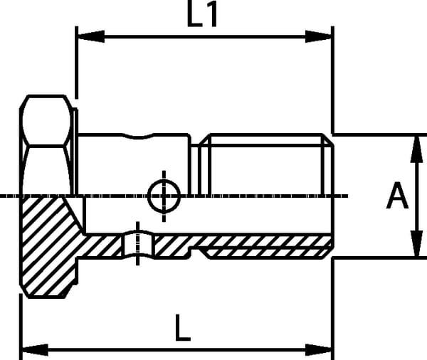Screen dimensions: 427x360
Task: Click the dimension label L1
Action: pyautogui.click(x=202, y=14)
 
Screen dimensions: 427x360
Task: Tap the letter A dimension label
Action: pyautogui.click(x=397, y=196)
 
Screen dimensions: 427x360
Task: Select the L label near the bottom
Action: pyautogui.click(x=182, y=327)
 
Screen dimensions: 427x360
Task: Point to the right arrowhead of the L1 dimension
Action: pyautogui.click(x=318, y=36)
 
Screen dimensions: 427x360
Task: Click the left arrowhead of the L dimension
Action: pyautogui.click(x=35, y=349)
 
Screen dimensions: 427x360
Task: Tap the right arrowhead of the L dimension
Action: pyautogui.click(x=318, y=349)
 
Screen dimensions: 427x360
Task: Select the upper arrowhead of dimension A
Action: pyautogui.click(x=416, y=149)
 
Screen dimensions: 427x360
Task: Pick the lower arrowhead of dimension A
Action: pyautogui.click(x=416, y=243)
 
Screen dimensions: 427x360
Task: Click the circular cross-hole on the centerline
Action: pyautogui.click(x=164, y=196)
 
